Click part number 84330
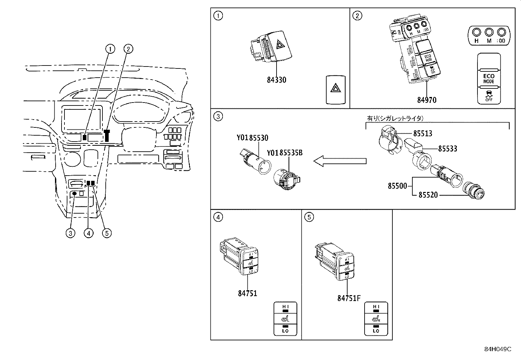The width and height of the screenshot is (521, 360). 276,80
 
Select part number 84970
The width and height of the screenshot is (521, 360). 426,100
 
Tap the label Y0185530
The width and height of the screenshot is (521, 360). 252,138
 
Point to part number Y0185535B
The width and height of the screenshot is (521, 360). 284,153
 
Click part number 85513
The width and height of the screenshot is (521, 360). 422,134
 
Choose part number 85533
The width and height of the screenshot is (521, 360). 447,149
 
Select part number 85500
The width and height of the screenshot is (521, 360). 397,186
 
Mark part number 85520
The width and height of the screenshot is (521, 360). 428,195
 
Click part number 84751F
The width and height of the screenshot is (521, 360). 349,298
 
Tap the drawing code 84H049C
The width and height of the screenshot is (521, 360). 497,349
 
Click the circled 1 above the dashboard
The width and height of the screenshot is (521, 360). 110,49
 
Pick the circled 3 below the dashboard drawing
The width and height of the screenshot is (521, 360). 70,233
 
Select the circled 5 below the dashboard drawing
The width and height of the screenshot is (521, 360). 107,233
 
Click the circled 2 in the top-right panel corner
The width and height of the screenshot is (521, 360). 358,16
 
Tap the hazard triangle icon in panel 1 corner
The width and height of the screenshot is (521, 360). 336,89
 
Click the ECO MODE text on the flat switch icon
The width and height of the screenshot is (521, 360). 489,78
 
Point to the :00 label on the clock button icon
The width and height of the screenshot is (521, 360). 501,41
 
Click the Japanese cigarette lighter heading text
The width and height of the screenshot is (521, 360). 395,118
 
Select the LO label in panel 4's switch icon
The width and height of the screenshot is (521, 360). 285,331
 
